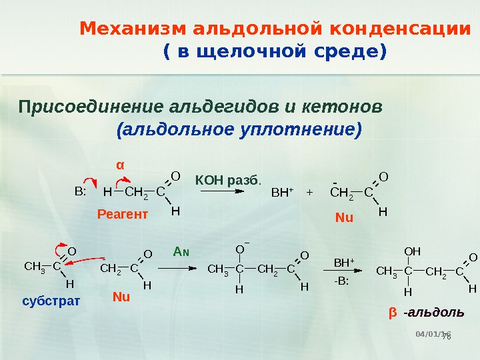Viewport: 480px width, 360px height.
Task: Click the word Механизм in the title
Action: (133, 29)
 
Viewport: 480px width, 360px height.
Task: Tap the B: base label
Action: (81, 193)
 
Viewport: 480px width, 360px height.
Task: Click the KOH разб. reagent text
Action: (228, 179)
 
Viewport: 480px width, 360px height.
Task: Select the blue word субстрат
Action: (51, 301)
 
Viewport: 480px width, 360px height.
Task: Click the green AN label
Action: (181, 251)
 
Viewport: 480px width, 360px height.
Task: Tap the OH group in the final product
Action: (413, 251)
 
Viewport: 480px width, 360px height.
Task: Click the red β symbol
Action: (392, 312)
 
